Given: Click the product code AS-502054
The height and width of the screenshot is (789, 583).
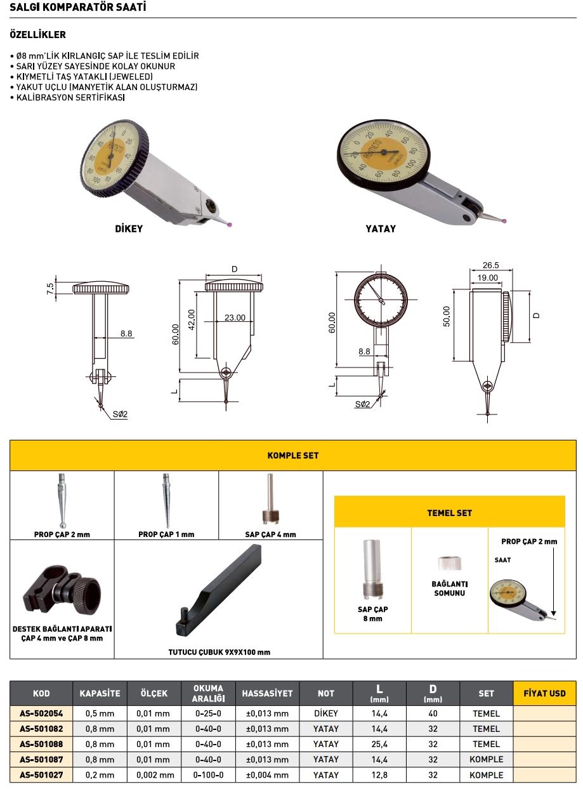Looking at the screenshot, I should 41,713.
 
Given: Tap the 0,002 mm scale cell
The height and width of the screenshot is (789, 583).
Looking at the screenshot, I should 155,774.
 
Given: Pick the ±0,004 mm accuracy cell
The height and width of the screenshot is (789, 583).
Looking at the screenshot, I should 267,774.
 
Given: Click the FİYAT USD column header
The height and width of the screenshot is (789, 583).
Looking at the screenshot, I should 544,693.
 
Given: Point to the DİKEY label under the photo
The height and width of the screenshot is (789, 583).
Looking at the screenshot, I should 129,229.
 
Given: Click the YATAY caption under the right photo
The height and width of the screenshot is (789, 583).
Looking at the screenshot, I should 381,229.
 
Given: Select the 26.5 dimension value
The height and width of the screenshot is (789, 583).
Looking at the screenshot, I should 490,265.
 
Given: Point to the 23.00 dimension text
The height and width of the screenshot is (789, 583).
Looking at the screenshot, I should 235,317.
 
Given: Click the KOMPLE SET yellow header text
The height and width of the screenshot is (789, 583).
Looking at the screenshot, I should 293,455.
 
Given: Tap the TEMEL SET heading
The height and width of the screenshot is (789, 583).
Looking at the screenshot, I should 449,512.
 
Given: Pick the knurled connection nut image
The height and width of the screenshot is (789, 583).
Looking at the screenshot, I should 449,564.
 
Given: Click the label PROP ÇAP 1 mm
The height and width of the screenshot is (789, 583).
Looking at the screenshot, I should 166,534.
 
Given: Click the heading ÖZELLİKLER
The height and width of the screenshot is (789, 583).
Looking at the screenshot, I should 38,35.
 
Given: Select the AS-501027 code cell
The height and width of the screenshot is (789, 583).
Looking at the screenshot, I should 41,774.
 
